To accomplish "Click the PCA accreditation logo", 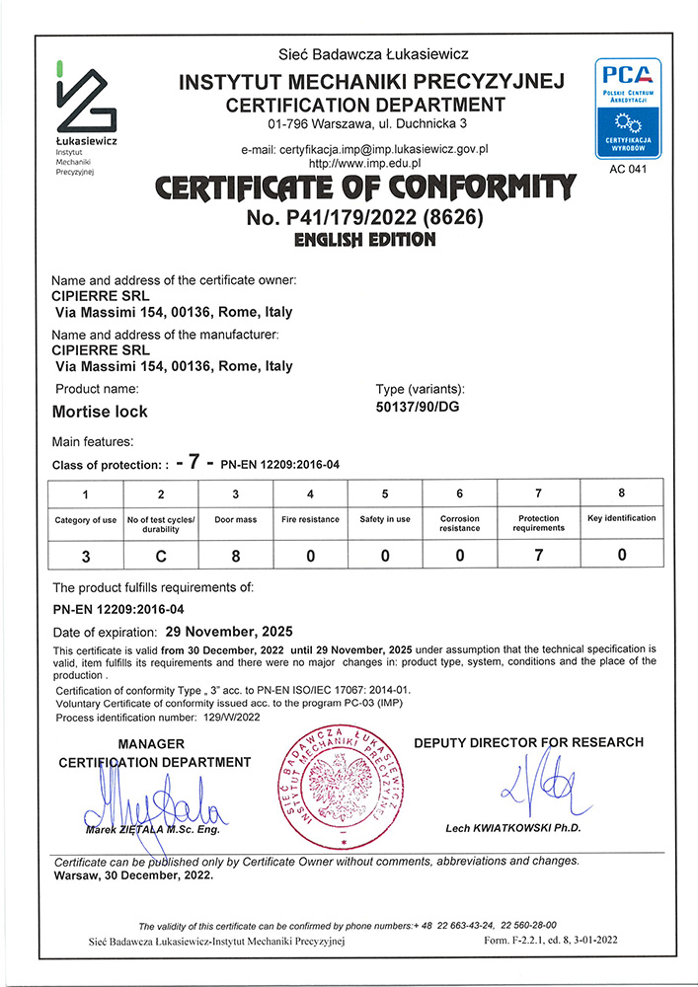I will pyautogui.click(x=626, y=109).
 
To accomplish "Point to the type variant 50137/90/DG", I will pyautogui.click(x=419, y=408).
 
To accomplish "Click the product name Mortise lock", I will pyautogui.click(x=99, y=411).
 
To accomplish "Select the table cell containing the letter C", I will pyautogui.click(x=161, y=556).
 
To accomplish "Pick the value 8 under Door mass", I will pyautogui.click(x=236, y=556).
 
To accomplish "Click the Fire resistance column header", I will pyautogui.click(x=311, y=519).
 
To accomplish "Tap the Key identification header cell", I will pyautogui.click(x=622, y=518).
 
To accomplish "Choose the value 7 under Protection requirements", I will pyautogui.click(x=538, y=556).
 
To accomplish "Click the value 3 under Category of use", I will pyautogui.click(x=86, y=556).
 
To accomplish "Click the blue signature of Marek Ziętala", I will pyautogui.click(x=158, y=804).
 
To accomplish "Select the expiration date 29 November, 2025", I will pyautogui.click(x=229, y=630).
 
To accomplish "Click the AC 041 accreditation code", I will pyautogui.click(x=626, y=171).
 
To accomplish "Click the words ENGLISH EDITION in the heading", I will pyautogui.click(x=365, y=240).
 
